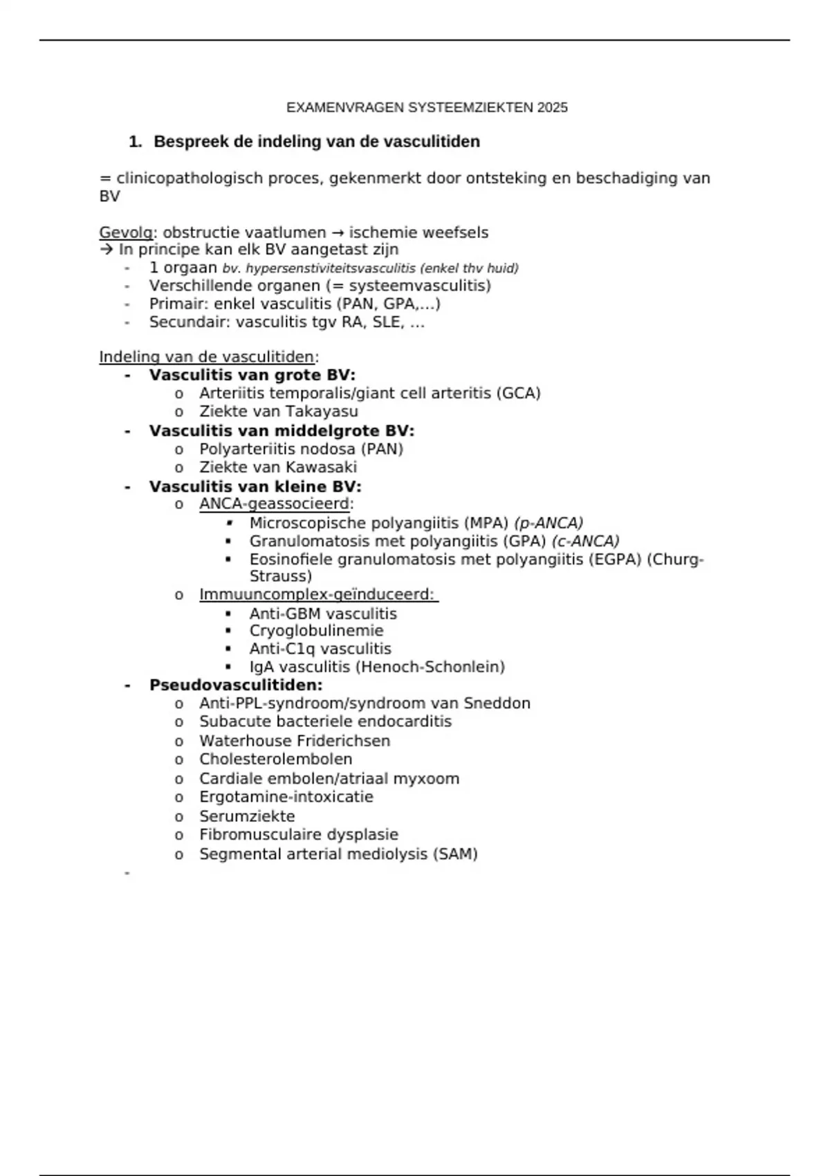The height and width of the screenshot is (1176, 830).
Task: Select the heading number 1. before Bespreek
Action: (135, 142)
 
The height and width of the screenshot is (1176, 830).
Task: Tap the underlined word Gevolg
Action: (125, 232)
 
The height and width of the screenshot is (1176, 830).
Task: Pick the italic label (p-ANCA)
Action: (548, 523)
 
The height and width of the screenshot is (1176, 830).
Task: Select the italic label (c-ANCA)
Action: (585, 541)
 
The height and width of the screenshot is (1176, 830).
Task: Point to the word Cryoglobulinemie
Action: (316, 631)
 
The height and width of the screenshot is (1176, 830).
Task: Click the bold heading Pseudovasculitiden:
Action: (236, 686)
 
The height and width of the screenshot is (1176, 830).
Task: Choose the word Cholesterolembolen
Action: (275, 759)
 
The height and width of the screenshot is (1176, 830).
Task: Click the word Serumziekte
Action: (247, 816)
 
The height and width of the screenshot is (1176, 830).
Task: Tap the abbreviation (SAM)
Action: (455, 854)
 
